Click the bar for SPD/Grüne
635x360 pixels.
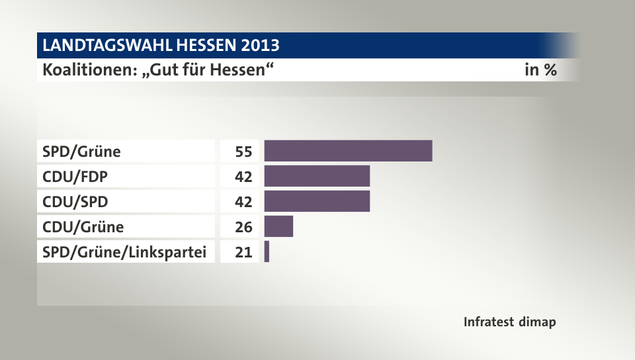[x=348, y=151]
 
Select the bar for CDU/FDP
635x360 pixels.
[x=317, y=176]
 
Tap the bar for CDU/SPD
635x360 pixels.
[x=317, y=201]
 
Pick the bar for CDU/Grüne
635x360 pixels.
[x=278, y=226]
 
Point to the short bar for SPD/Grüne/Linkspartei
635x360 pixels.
[x=267, y=251]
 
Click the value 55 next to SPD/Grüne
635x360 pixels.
[x=243, y=152]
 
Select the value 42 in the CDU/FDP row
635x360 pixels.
[x=243, y=177]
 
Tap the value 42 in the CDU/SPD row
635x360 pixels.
[x=243, y=202]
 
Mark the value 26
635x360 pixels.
[x=243, y=227]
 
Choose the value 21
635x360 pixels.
[x=243, y=252]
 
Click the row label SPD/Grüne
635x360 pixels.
[x=81, y=152]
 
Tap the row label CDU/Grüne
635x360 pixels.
[x=83, y=227]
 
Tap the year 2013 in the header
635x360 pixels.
[x=260, y=46]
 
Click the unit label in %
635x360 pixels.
[x=540, y=69]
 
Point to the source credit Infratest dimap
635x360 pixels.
[x=509, y=322]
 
